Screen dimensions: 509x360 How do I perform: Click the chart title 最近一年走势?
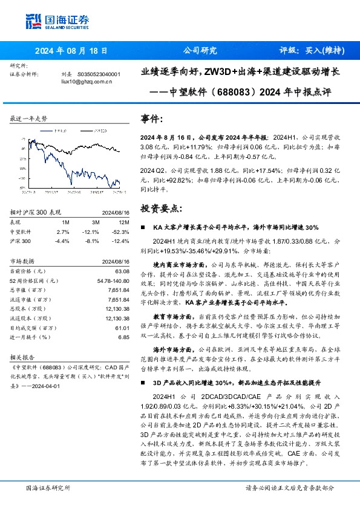pos(28,118)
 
